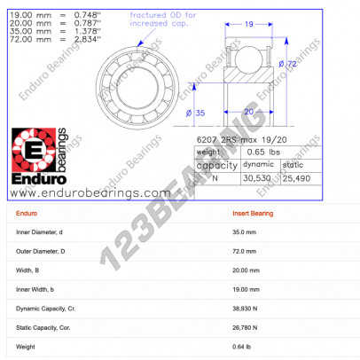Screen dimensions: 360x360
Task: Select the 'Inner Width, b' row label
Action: point(40,289)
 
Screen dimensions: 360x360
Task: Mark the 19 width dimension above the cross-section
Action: point(250,25)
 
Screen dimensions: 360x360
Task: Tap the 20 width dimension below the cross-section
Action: point(249,112)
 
